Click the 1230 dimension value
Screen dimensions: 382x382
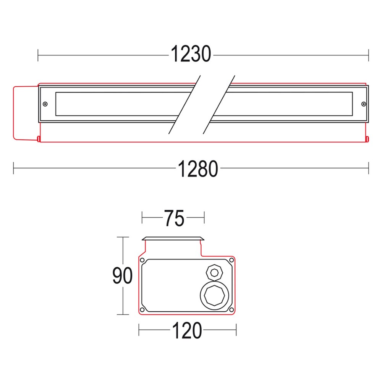tap(191, 54)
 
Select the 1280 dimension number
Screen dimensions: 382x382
tap(197, 169)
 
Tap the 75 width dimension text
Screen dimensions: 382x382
tap(174, 219)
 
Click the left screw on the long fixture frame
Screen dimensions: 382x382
tap(45, 104)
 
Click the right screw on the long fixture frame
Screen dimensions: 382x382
tap(363, 104)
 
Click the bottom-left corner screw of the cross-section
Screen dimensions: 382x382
tap(143, 309)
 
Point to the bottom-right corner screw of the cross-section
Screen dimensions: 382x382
tap(231, 309)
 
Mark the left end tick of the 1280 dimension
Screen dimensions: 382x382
tap(14, 168)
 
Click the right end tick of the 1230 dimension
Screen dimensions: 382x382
tap(368, 55)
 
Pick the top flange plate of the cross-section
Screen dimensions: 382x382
tap(172, 239)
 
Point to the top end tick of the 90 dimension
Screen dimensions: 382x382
tap(123, 237)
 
